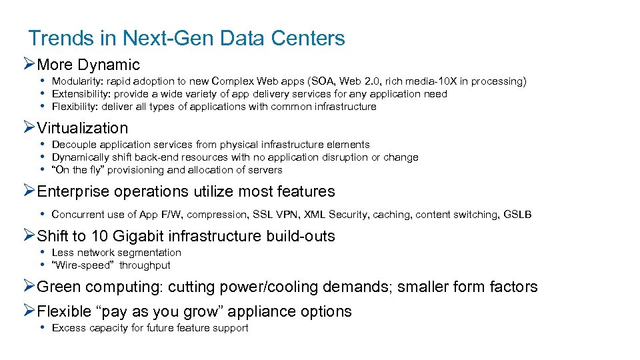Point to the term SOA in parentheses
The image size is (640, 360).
[x=313, y=81]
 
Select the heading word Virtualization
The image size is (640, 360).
[x=83, y=128]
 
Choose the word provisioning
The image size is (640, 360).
[x=137, y=170]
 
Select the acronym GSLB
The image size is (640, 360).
[x=517, y=215]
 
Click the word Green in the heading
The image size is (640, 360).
[x=58, y=287]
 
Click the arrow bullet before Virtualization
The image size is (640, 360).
[x=29, y=128]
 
